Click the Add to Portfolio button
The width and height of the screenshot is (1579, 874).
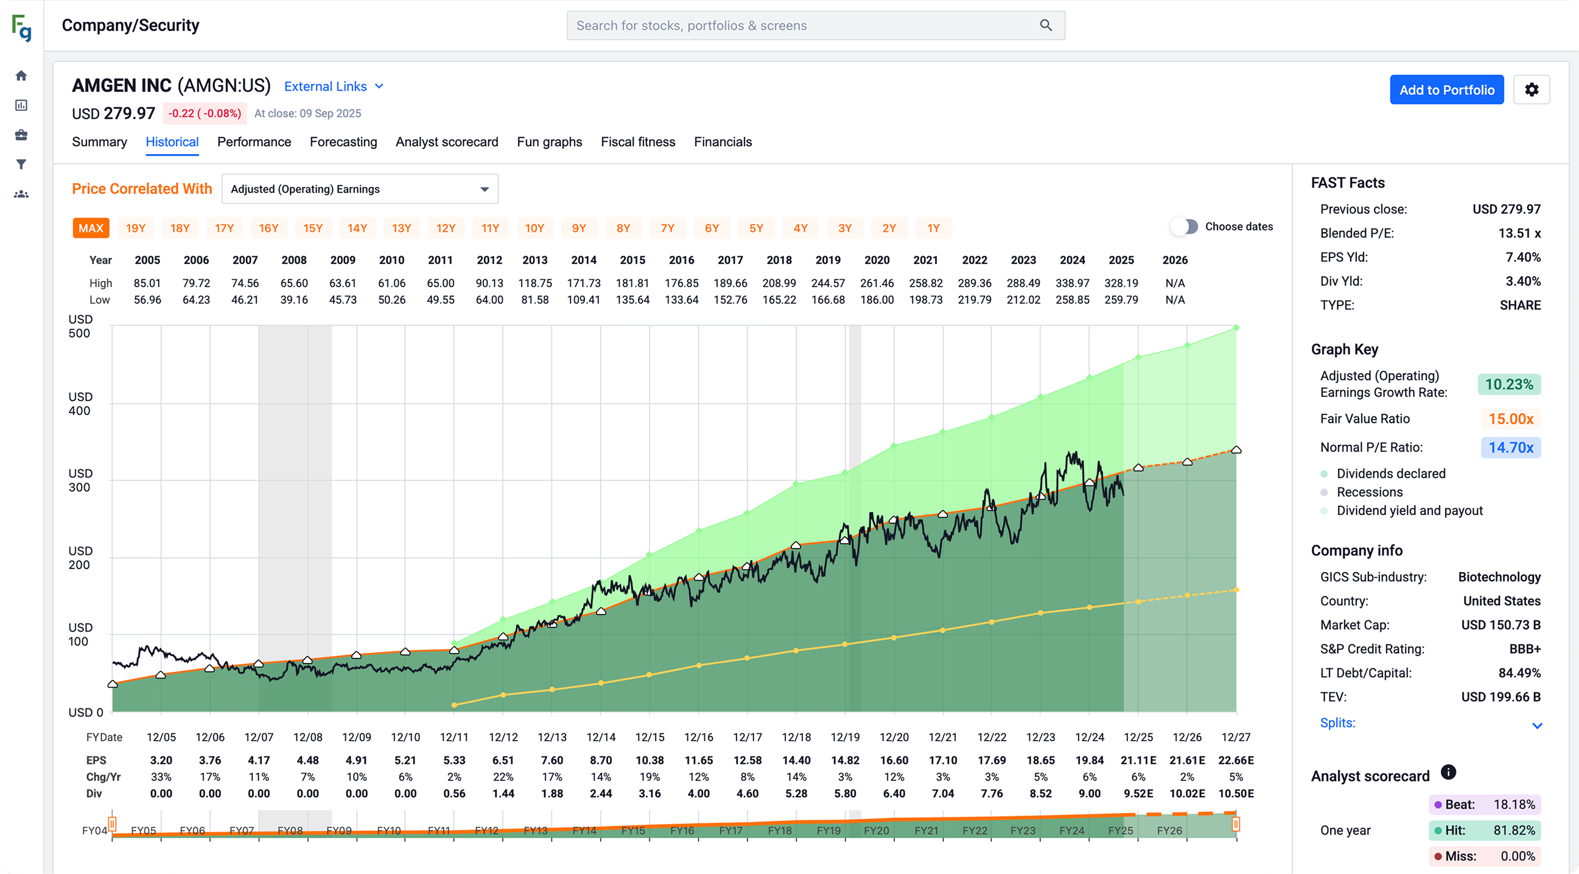pyautogui.click(x=1446, y=89)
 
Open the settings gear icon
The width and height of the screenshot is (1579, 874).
pyautogui.click(x=1530, y=89)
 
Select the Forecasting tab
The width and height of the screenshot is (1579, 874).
pyautogui.click(x=343, y=142)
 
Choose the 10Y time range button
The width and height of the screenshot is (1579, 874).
pyautogui.click(x=534, y=228)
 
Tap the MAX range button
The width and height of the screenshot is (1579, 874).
pyautogui.click(x=91, y=228)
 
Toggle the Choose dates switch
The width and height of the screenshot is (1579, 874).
pyautogui.click(x=1185, y=227)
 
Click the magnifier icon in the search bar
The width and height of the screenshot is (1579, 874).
pyautogui.click(x=1046, y=25)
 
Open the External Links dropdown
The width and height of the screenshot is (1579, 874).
pyautogui.click(x=334, y=86)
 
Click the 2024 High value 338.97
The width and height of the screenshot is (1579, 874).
pyautogui.click(x=1072, y=283)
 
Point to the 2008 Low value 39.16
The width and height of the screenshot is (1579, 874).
pyautogui.click(x=293, y=299)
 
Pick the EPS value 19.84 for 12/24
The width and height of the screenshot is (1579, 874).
pyautogui.click(x=1089, y=760)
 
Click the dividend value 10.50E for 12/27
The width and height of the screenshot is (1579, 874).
pyautogui.click(x=1236, y=793)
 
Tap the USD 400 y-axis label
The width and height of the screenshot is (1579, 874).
pyautogui.click(x=80, y=404)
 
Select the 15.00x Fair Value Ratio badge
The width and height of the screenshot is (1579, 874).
pyautogui.click(x=1510, y=419)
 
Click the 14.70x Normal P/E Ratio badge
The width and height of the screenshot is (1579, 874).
pyautogui.click(x=1510, y=447)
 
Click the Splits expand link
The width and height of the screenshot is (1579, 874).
pyautogui.click(x=1337, y=722)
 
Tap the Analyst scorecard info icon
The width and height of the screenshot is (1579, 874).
pyautogui.click(x=1448, y=772)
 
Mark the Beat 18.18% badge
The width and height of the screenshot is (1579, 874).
pyautogui.click(x=1484, y=804)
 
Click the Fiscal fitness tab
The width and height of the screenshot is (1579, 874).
pyautogui.click(x=637, y=142)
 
